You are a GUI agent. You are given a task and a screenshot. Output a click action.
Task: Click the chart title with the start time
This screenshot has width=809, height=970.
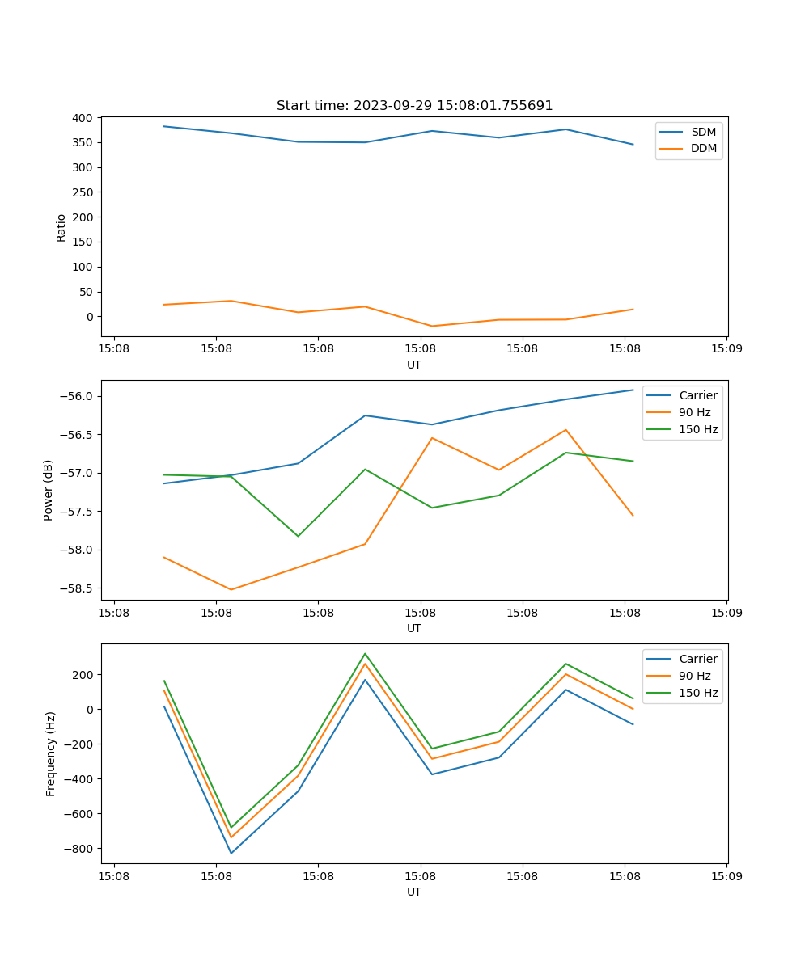[x=414, y=106]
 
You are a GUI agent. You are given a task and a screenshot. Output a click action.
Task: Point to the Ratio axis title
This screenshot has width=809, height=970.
[x=61, y=227]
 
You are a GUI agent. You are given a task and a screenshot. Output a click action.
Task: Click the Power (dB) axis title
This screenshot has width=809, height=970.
[x=49, y=490]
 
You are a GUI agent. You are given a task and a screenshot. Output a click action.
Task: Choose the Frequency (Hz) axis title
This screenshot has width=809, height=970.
[x=50, y=753]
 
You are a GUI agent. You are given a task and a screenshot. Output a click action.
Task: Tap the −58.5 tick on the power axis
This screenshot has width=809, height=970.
[x=78, y=588]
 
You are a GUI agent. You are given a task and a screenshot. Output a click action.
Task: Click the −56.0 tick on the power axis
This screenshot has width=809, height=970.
[x=78, y=396]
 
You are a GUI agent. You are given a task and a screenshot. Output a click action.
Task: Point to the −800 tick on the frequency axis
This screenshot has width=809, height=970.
[x=78, y=849]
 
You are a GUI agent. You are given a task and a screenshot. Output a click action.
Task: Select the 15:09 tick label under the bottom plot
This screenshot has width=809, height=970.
[x=726, y=875]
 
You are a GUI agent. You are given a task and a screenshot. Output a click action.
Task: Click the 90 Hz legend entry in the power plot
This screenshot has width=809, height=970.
[x=694, y=412]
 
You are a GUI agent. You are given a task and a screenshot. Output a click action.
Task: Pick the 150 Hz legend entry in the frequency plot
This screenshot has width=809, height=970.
[x=698, y=694]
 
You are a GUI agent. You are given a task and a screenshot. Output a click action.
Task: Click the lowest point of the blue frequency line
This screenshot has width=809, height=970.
[x=231, y=853]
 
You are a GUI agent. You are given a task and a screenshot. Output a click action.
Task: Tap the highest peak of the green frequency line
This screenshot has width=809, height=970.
[x=365, y=654]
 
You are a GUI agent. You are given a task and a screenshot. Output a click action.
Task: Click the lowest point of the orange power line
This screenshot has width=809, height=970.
[x=231, y=589]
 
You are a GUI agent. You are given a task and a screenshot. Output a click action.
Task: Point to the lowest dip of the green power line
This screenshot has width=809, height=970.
[x=298, y=536]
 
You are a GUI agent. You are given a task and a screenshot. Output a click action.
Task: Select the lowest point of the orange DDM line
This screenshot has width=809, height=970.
[x=432, y=326]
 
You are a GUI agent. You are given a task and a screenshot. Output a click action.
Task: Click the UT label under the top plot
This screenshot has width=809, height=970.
[x=414, y=365]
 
